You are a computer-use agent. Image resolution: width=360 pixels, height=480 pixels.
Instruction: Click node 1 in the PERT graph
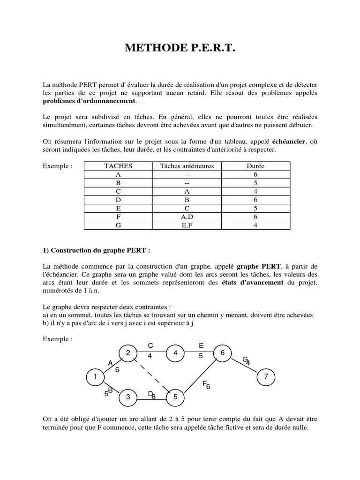[x=95, y=376]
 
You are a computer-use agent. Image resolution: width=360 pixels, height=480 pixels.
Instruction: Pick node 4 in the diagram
[x=175, y=353]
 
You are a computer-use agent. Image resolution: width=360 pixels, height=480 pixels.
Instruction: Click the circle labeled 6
[x=222, y=353]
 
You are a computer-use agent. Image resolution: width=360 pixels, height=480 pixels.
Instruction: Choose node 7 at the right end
[x=266, y=376]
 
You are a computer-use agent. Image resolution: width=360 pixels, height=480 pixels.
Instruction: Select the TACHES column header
[x=118, y=166]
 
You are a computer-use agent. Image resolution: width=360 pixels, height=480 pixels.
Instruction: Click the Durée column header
[x=255, y=166]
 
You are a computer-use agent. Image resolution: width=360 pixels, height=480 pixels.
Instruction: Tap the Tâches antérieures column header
[x=187, y=166]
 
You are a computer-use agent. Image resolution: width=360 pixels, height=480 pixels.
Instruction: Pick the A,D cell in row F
[x=187, y=217]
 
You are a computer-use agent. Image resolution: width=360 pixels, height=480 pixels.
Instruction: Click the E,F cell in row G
[x=187, y=225]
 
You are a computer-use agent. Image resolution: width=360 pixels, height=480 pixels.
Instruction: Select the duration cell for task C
[x=255, y=191]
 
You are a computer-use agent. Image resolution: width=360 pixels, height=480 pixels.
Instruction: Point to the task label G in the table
[x=118, y=225]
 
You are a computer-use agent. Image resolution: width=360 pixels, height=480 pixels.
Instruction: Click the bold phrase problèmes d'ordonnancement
[x=89, y=101]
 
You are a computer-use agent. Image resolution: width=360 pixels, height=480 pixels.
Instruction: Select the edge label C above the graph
[x=150, y=345]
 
